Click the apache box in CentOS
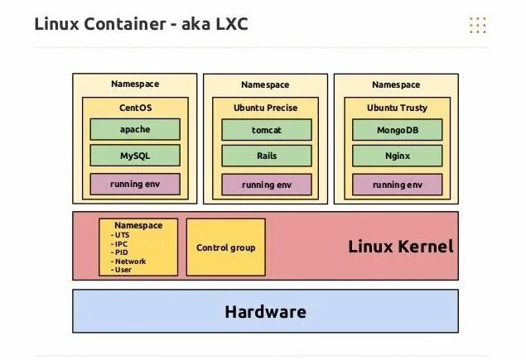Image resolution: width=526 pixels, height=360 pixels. click(x=135, y=129)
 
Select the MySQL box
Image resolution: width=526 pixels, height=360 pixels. click(x=135, y=155)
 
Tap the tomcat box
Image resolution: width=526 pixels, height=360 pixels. click(x=266, y=130)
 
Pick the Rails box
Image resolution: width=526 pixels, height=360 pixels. click(x=266, y=155)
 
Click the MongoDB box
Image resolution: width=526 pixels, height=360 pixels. click(x=396, y=130)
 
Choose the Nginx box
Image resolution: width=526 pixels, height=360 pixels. click(x=396, y=155)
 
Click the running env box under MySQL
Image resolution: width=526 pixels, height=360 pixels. click(x=135, y=184)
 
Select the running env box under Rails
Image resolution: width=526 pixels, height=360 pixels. click(x=266, y=185)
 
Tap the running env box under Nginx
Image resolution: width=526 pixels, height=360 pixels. click(x=396, y=185)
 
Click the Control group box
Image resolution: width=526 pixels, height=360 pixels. click(x=225, y=247)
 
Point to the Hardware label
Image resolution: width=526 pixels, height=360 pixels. click(x=265, y=312)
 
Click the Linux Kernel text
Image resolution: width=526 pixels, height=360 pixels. click(x=400, y=247)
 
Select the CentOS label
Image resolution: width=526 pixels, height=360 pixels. click(x=135, y=108)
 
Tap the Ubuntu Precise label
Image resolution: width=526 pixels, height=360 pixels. click(x=266, y=108)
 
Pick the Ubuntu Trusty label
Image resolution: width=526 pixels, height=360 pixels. click(x=396, y=108)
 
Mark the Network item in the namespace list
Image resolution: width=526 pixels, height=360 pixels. click(x=129, y=261)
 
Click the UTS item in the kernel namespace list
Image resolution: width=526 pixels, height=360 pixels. click(x=123, y=235)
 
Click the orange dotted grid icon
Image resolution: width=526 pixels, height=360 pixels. click(x=477, y=25)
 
